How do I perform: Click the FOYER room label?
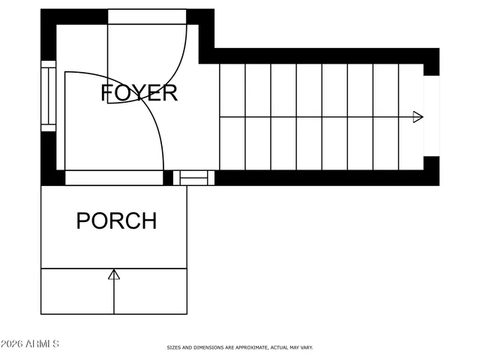(139, 93)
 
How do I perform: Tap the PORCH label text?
(116, 221)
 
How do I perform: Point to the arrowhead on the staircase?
(418, 117)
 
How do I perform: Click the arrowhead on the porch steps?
(114, 274)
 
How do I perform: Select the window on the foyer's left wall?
(48, 96)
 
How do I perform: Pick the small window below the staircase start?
(194, 178)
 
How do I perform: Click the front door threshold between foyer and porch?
(114, 178)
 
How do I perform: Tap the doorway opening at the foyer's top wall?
(147, 16)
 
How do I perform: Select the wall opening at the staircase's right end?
(431, 115)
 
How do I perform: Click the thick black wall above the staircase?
(322, 55)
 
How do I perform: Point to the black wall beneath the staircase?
(322, 178)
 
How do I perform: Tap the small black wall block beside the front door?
(168, 178)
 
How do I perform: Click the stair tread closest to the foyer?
(232, 117)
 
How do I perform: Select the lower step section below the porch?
(114, 291)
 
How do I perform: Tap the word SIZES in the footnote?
(172, 347)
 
